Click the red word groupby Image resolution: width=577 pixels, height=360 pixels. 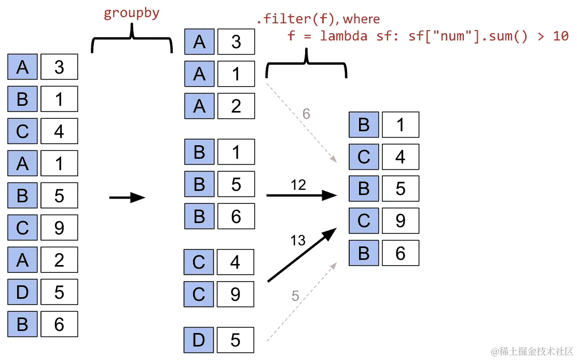[x=131, y=13]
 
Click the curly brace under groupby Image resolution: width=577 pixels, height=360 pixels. [x=132, y=41]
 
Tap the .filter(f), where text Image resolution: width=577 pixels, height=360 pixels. [x=318, y=20]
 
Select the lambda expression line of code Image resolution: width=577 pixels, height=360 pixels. [x=428, y=36]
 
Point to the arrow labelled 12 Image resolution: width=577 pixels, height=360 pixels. [x=301, y=196]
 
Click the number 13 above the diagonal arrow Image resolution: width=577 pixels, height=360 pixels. [x=298, y=240]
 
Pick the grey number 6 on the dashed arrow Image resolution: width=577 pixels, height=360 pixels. [x=306, y=114]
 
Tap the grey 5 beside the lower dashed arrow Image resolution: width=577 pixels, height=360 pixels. [x=295, y=296]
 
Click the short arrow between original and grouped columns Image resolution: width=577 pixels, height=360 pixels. [x=127, y=197]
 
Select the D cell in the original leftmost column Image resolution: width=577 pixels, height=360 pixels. [x=22, y=292]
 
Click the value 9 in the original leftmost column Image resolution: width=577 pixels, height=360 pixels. [x=59, y=228]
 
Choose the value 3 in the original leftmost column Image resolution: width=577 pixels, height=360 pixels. [x=59, y=67]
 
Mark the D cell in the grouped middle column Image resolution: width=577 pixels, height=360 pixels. [x=199, y=340]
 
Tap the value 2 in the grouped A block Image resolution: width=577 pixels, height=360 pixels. [x=236, y=106]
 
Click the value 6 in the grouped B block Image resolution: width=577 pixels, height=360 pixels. [x=236, y=216]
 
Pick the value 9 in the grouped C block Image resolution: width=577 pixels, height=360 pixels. [x=235, y=295]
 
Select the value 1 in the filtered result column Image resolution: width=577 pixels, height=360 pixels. [x=400, y=125]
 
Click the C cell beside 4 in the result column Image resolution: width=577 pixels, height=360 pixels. [x=364, y=157]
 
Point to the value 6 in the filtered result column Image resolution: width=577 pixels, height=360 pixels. [x=400, y=253]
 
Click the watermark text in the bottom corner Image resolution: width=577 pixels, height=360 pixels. [x=532, y=351]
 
